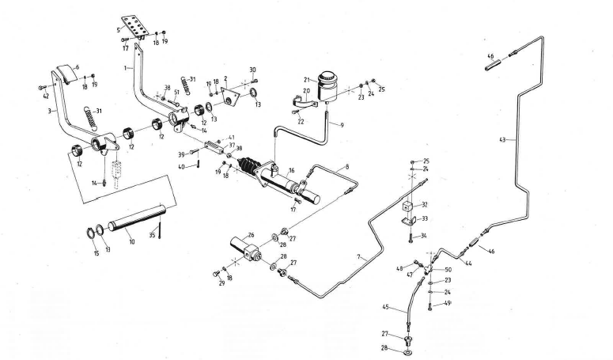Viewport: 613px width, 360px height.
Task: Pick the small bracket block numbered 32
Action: coord(409,210)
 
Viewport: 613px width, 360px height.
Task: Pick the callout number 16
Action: coord(292,171)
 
